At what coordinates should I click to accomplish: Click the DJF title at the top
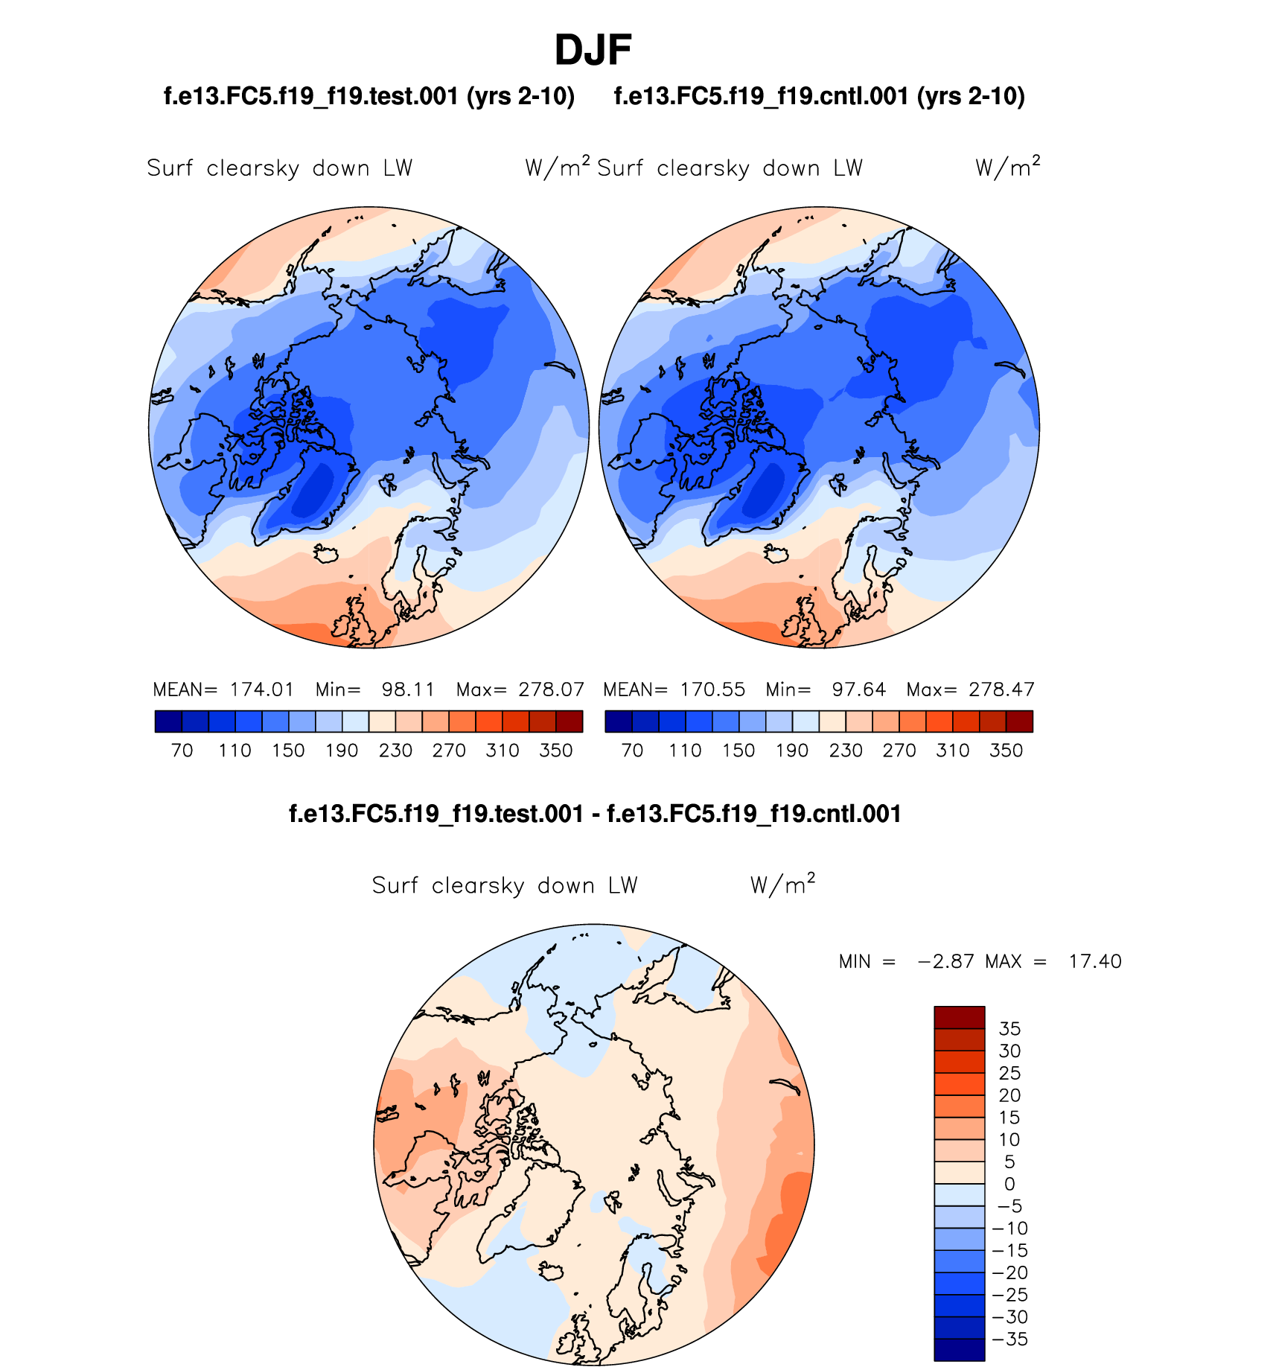(593, 51)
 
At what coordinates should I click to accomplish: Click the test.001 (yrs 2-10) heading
(369, 96)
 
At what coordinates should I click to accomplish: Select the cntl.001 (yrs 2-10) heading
(819, 96)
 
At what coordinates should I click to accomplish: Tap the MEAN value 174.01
(261, 689)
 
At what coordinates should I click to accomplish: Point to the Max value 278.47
(1001, 689)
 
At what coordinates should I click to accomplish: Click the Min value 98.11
(408, 689)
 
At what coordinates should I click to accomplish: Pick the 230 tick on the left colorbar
(395, 751)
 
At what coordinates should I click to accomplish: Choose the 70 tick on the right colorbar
(632, 751)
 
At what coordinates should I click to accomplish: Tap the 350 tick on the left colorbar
(556, 751)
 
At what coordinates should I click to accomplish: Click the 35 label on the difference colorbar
(1009, 1029)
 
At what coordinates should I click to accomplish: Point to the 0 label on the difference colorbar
(1009, 1184)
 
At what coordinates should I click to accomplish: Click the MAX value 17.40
(1094, 962)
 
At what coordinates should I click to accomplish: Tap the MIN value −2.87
(945, 962)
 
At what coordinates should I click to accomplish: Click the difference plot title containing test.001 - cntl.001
(595, 814)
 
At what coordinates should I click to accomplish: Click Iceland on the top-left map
(327, 554)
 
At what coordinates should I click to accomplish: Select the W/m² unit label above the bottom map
(782, 885)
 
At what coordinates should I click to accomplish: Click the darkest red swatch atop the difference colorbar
(959, 1017)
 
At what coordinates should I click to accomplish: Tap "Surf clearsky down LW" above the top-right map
(730, 168)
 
